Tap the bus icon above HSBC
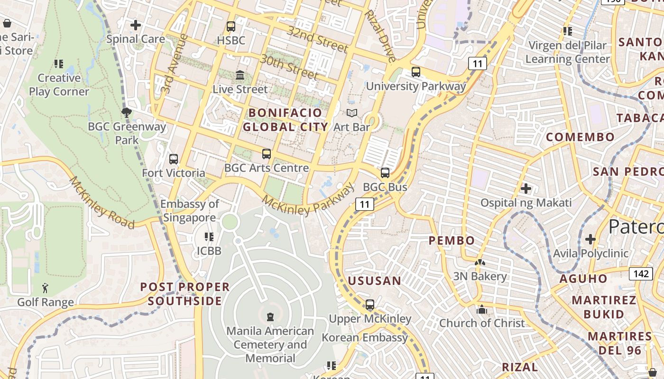click(231, 27)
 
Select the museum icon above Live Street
click(240, 75)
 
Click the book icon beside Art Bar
click(351, 113)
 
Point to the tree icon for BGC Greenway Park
click(126, 113)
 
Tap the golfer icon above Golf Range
click(45, 288)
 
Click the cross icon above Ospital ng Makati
click(526, 189)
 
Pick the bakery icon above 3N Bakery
click(480, 262)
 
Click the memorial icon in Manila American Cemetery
click(270, 316)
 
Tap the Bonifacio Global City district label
click(286, 120)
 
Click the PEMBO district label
click(452, 241)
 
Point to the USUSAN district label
click(375, 281)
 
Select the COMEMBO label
click(580, 137)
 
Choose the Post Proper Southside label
click(185, 294)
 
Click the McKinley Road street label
click(102, 202)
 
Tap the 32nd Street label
click(318, 39)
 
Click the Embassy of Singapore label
click(190, 211)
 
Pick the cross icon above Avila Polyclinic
click(590, 239)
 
